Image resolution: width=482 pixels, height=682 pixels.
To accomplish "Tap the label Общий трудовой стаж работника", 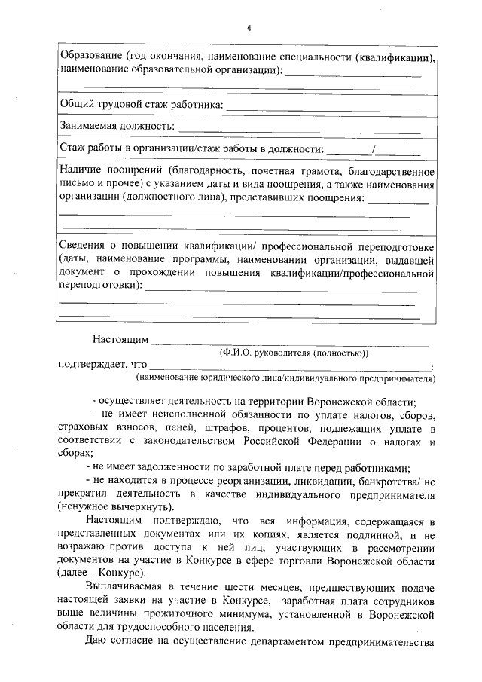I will coord(141,103).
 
